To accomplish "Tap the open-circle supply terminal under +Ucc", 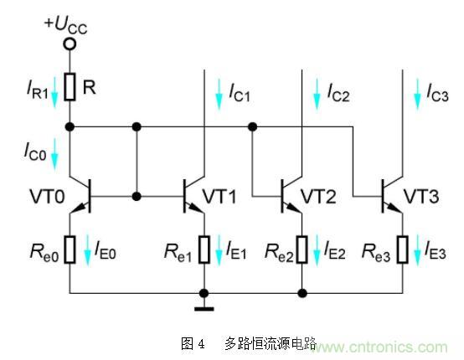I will (70, 43).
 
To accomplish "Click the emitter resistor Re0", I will (70, 248).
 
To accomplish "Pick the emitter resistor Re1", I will (204, 248).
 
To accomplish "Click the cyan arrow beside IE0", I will (87, 249).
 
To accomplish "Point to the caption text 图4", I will (193, 344).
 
